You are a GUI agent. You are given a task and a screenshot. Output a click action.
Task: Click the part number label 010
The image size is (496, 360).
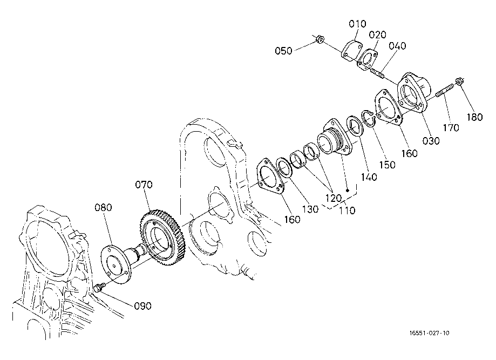point(357,24)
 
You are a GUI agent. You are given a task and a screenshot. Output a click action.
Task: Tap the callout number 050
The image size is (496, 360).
point(283,51)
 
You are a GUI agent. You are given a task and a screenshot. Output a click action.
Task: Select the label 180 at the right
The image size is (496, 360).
point(474,117)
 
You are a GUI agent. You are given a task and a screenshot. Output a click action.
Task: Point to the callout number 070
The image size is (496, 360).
point(144,185)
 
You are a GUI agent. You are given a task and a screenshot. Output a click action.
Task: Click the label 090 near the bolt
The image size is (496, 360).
point(143,306)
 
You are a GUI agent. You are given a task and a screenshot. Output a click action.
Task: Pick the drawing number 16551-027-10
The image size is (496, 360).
point(429,333)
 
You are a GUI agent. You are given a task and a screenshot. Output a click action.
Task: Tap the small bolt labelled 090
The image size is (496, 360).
point(99,288)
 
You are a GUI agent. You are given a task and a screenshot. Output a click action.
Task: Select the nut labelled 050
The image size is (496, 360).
point(320,39)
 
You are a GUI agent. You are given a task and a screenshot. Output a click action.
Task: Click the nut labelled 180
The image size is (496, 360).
point(459,81)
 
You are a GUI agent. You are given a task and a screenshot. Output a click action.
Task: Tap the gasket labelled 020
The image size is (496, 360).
point(367,59)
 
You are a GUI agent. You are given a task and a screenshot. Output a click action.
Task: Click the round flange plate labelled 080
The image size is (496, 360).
point(115,264)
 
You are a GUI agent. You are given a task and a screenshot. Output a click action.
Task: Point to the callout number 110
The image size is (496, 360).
point(348,210)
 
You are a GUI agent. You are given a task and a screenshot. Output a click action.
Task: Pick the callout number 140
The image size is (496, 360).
point(369,177)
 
